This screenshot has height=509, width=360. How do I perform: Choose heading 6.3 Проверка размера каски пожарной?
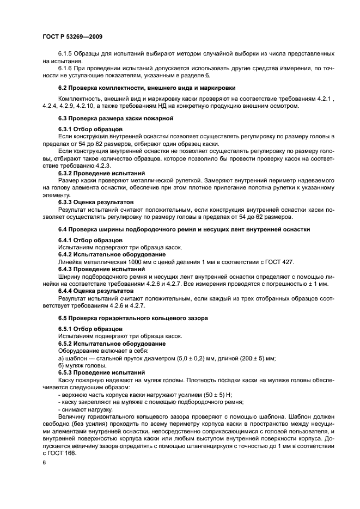click(115, 118)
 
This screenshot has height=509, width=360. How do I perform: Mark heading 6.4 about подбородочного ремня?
click(184, 229)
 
